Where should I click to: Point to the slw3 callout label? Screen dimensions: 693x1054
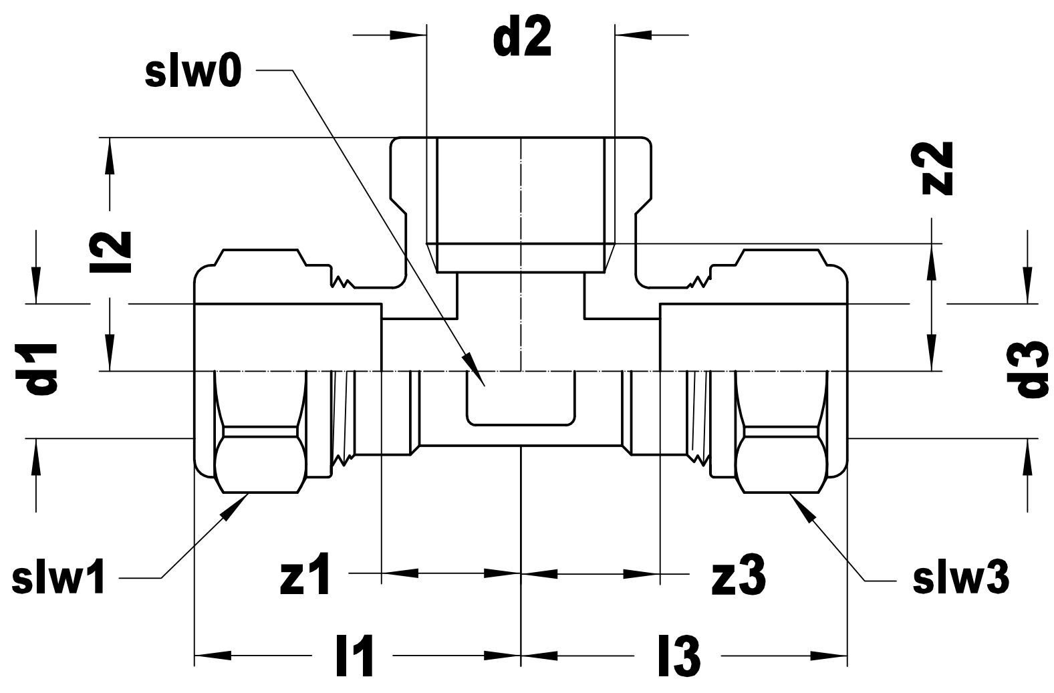961,579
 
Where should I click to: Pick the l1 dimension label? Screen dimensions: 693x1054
354,656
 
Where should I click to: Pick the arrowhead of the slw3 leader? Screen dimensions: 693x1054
799,503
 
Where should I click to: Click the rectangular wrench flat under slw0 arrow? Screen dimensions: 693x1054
520,401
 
